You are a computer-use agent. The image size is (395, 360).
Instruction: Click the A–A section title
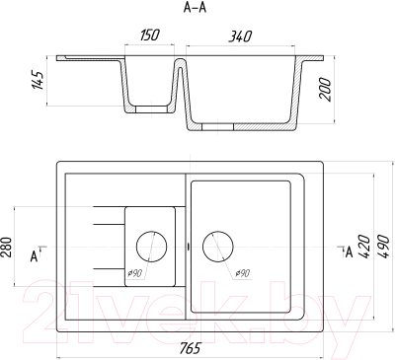pyautogui.click(x=195, y=8)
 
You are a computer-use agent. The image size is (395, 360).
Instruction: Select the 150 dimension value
pyautogui.click(x=150, y=35)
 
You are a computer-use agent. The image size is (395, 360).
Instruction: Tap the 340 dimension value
pyautogui.click(x=240, y=36)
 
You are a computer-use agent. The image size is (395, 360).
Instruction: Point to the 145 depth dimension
pyautogui.click(x=38, y=80)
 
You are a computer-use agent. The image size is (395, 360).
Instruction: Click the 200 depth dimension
pyautogui.click(x=325, y=89)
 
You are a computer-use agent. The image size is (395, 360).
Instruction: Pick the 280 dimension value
pyautogui.click(x=6, y=247)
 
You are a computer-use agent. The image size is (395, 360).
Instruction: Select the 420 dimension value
pyautogui.click(x=363, y=247)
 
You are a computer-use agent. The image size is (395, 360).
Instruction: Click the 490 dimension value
pyautogui.click(x=383, y=246)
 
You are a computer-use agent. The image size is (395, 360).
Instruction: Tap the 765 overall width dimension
pyautogui.click(x=190, y=348)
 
